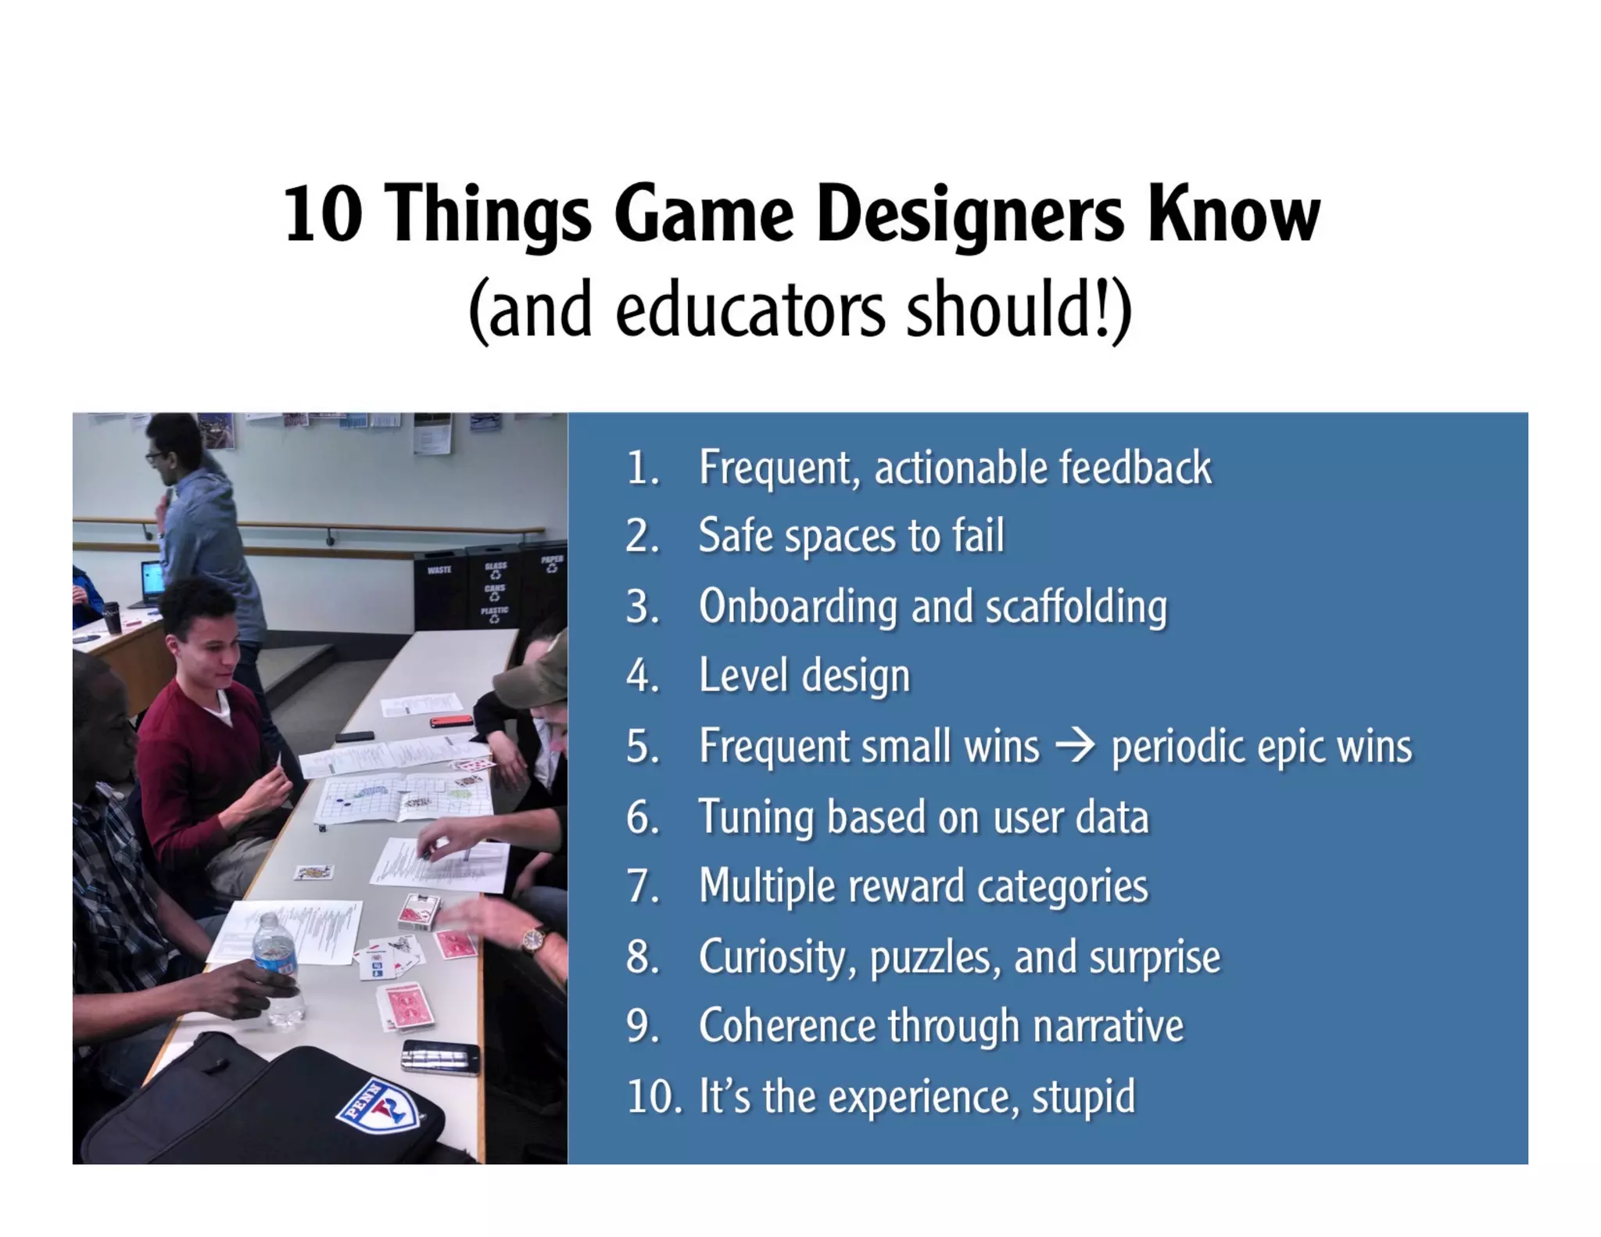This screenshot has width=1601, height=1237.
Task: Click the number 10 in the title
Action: point(323,215)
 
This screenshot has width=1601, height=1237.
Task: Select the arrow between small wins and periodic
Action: point(1075,746)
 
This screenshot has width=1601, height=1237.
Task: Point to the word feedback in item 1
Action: point(1135,468)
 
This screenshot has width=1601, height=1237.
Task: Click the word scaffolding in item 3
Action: point(1076,607)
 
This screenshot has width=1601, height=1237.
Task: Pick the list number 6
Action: point(643,817)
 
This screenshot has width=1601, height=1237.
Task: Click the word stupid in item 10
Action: point(1083,1096)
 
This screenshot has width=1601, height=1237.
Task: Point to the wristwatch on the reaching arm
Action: point(535,939)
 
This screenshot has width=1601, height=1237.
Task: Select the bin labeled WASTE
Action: point(440,590)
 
